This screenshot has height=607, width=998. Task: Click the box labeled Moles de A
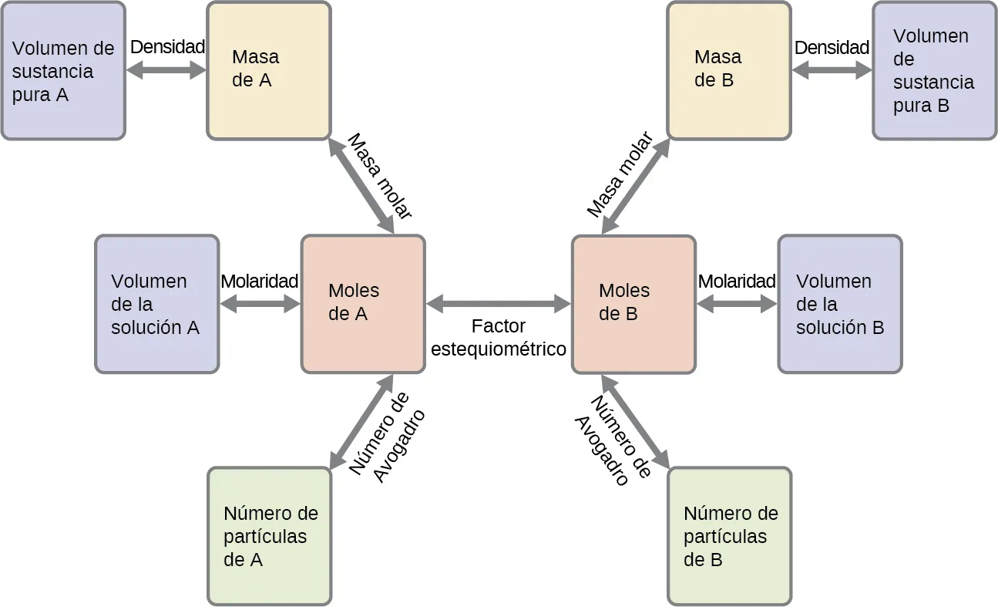point(362,304)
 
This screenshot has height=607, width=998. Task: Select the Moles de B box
point(633,304)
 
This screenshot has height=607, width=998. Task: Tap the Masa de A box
point(268,70)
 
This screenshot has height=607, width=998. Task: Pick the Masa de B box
point(728,70)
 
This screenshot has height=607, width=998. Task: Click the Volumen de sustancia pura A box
point(62,70)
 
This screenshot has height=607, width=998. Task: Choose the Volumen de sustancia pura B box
point(934,70)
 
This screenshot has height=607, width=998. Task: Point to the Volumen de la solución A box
point(156,304)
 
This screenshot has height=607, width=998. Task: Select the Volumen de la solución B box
point(839,304)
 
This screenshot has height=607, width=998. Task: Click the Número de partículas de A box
point(270,536)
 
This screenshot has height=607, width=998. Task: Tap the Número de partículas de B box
point(729,536)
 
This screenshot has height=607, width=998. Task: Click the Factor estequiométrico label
point(499,338)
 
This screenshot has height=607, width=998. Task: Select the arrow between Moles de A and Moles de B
point(499,304)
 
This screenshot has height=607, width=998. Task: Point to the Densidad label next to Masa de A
point(167,47)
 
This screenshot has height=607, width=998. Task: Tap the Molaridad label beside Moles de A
point(259,282)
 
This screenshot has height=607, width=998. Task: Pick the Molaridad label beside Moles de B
point(736,282)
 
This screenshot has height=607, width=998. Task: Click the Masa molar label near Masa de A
point(380,177)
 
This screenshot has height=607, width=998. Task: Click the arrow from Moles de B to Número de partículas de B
point(635,421)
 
